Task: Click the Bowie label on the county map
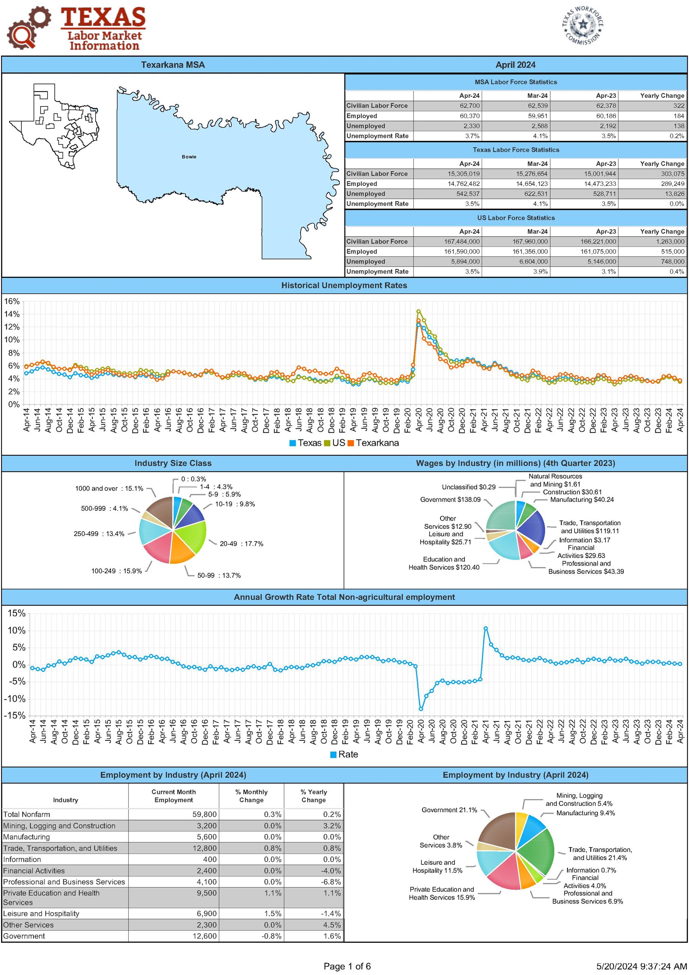pyautogui.click(x=189, y=157)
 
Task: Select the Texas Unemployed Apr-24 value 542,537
pyautogui.click(x=468, y=193)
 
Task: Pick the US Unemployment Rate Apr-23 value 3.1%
pyautogui.click(x=608, y=271)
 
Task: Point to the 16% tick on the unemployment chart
pyautogui.click(x=12, y=301)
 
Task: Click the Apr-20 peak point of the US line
pyautogui.click(x=419, y=311)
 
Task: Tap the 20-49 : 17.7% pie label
pyautogui.click(x=241, y=543)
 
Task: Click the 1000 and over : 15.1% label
pyautogui.click(x=109, y=488)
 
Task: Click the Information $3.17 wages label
pyautogui.click(x=584, y=540)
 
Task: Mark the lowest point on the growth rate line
pyautogui.click(x=421, y=709)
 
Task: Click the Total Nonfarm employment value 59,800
pyautogui.click(x=204, y=814)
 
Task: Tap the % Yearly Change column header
pyautogui.click(x=313, y=796)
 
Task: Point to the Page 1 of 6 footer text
pyautogui.click(x=347, y=966)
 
